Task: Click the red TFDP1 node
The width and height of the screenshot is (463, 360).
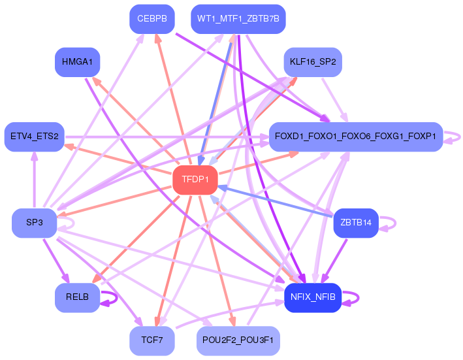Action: pos(195,180)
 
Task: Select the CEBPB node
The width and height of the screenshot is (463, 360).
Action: pos(152,19)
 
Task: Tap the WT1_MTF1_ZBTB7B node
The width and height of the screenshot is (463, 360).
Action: pos(238,19)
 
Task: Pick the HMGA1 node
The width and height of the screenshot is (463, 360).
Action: pos(77,62)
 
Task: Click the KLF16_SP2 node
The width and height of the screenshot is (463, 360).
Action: pos(313,62)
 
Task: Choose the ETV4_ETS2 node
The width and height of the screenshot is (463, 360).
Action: pos(34,137)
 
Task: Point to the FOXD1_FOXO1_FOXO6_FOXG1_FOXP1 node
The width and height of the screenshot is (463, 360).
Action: pos(356,137)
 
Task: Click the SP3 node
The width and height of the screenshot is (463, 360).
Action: pos(34,223)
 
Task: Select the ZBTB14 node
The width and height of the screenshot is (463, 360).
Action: pos(356,223)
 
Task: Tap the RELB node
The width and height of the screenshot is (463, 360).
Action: pos(77,297)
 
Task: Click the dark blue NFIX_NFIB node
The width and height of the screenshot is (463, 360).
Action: pos(313,297)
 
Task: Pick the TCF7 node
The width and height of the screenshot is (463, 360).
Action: pos(152,340)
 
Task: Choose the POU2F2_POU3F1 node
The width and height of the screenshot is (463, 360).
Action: pos(238,340)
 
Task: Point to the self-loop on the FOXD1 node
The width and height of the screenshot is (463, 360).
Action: pos(460,137)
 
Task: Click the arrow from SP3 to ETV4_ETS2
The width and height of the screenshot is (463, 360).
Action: pos(34,180)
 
